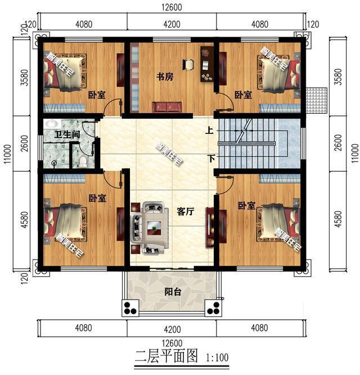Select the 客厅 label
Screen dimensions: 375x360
185,212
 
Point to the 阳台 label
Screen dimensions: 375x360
172,292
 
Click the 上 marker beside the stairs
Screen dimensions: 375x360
209,130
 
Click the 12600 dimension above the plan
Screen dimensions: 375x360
172,7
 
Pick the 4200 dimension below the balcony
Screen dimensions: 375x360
172,326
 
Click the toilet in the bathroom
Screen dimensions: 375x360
83,162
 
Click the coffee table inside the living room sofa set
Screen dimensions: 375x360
152,227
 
